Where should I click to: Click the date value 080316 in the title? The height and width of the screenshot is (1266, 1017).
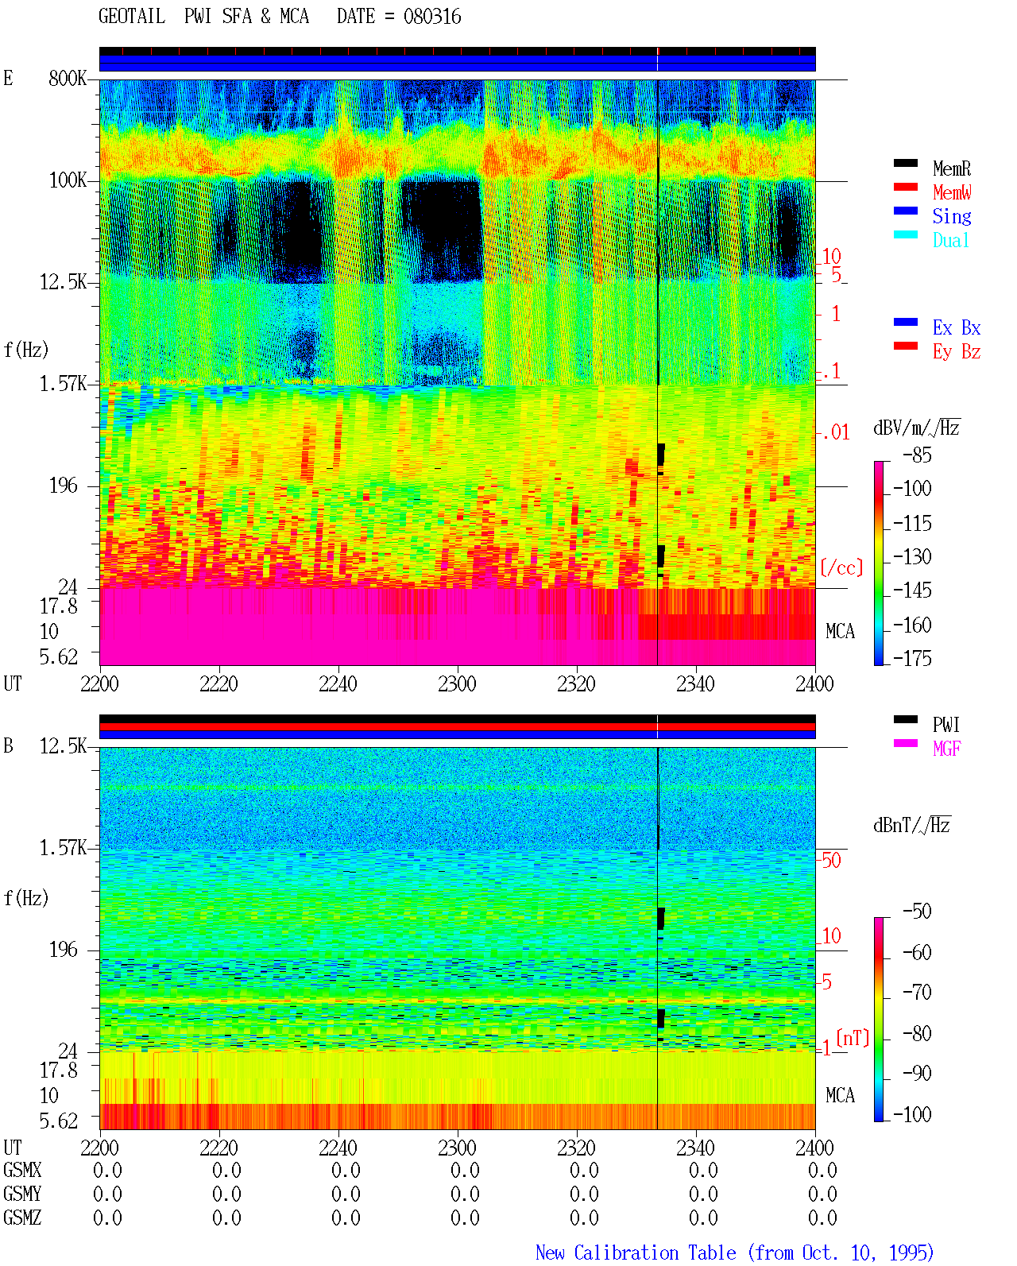point(432,17)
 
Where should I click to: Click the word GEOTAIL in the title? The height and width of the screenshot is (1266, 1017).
point(132,17)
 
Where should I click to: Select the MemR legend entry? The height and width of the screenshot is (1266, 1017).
point(952,168)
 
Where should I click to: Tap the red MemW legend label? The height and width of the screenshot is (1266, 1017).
point(952,192)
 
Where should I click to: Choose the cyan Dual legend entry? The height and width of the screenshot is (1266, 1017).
point(951,240)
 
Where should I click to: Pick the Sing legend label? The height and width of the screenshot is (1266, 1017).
point(952,216)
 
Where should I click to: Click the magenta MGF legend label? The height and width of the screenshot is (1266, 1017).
point(946,749)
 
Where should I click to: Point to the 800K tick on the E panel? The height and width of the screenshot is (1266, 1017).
point(68,78)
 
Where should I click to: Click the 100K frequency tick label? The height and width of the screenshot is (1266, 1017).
point(68,180)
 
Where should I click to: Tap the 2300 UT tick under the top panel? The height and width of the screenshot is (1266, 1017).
point(457,683)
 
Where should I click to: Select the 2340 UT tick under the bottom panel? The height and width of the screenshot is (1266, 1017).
point(695,1148)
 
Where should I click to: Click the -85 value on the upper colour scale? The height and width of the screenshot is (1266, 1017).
point(917,455)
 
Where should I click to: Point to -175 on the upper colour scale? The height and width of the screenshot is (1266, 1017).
point(912,658)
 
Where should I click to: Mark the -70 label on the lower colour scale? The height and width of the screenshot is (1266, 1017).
point(917,993)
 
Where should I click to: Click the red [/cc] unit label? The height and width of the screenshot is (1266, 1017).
point(841,567)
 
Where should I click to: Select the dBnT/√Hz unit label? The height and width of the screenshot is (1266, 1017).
point(912,826)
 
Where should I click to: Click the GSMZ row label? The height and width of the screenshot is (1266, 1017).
point(22,1218)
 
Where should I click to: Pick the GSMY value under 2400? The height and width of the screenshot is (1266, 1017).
point(822,1194)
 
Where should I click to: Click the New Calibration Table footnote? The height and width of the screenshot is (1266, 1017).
point(734,1252)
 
